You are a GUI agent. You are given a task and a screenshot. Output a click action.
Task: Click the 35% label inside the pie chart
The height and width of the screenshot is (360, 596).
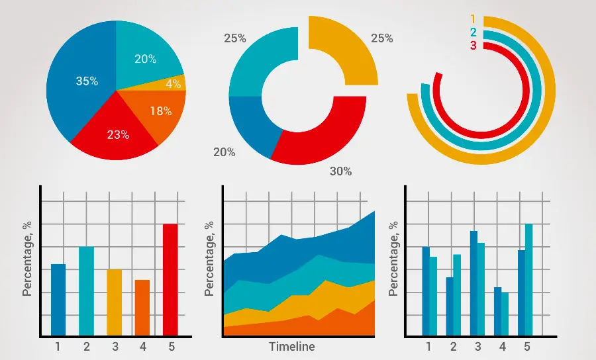click(x=87, y=81)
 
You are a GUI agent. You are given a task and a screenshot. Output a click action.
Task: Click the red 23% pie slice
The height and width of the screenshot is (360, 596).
click(x=117, y=134)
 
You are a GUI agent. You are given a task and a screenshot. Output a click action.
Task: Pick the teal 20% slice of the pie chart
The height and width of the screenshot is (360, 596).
click(x=145, y=59)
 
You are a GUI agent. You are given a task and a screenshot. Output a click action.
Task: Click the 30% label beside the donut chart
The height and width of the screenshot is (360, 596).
click(x=340, y=171)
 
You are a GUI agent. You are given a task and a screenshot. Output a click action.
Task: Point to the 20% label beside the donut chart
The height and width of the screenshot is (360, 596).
click(x=224, y=152)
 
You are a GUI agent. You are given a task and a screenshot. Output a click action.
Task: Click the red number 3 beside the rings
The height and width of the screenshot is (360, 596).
click(x=473, y=46)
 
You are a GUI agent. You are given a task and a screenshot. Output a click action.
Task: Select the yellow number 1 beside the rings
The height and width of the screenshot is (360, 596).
click(x=473, y=19)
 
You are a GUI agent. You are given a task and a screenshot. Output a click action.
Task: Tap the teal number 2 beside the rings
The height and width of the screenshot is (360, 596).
click(x=473, y=32)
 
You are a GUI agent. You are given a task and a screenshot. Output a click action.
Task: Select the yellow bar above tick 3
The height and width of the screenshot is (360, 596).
click(x=115, y=302)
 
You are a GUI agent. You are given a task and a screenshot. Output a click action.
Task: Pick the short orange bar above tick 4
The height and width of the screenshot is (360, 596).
click(x=142, y=307)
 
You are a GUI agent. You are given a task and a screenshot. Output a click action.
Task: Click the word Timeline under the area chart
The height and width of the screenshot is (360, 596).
click(x=291, y=347)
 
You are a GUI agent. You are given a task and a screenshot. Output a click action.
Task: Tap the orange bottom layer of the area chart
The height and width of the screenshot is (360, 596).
click(x=298, y=326)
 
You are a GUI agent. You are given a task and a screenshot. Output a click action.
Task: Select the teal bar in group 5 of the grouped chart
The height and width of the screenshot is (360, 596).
click(x=529, y=279)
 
